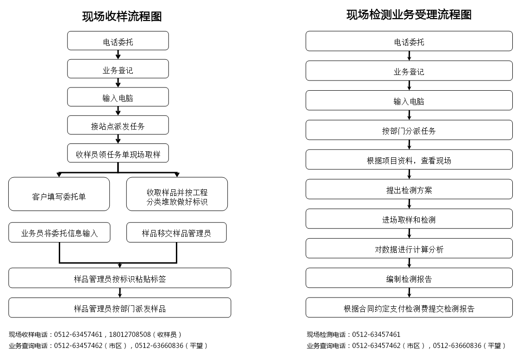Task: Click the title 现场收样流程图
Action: (122, 16)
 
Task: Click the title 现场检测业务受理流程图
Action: (409, 15)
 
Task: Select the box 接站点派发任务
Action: (118, 125)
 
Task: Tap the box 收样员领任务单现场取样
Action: (118, 153)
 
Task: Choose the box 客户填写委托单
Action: (59, 194)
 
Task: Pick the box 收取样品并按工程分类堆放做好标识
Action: (177, 194)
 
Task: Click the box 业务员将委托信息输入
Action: (59, 232)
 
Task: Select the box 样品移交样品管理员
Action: (176, 232)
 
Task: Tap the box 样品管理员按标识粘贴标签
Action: (120, 278)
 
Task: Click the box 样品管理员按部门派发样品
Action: (120, 308)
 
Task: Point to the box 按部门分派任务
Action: (409, 130)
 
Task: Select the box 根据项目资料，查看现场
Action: (409, 160)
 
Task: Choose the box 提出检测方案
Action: (409, 189)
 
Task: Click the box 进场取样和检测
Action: (409, 219)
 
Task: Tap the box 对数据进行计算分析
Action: (409, 248)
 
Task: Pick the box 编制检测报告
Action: (409, 278)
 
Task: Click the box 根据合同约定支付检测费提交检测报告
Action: (409, 308)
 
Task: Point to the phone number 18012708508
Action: (130, 335)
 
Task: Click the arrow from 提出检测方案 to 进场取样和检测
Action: (409, 204)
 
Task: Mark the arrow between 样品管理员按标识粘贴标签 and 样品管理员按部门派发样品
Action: (120, 293)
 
